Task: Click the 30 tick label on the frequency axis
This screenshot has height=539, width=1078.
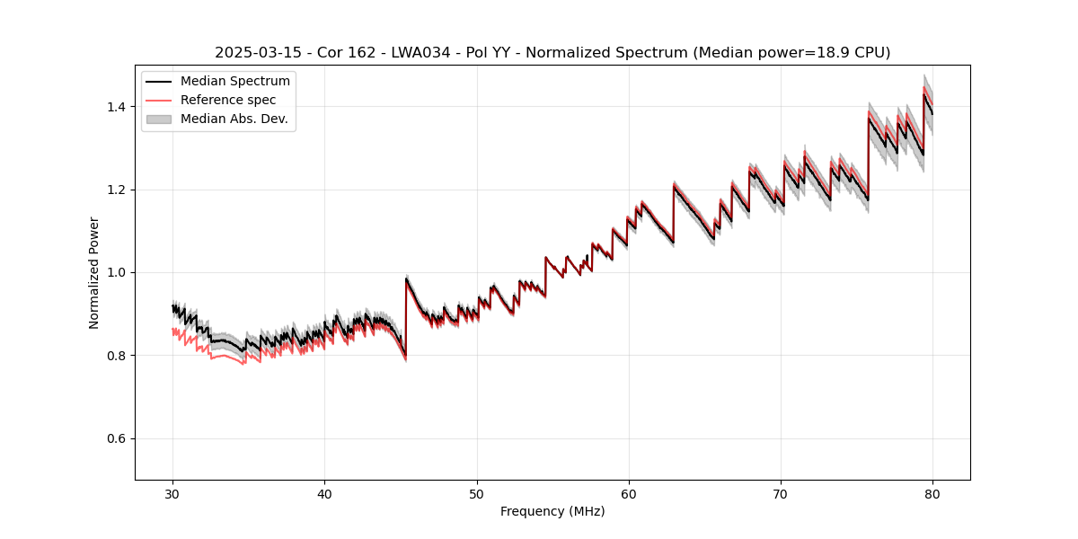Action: (173, 494)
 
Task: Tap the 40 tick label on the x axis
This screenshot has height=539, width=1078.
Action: (325, 494)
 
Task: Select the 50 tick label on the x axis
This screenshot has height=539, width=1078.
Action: (477, 494)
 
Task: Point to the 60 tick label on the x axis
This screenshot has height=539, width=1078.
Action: (629, 494)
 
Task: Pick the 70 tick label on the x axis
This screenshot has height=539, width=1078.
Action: (781, 494)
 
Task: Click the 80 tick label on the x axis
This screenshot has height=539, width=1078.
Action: (932, 494)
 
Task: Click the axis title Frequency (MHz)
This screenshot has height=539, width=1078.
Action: (552, 512)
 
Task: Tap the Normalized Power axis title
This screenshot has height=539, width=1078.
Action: (94, 272)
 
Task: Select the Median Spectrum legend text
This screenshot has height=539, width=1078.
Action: (235, 82)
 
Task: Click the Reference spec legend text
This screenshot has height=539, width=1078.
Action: (228, 100)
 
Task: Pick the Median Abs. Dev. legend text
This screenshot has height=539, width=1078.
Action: (234, 119)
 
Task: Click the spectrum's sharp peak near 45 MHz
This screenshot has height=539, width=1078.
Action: (406, 278)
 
